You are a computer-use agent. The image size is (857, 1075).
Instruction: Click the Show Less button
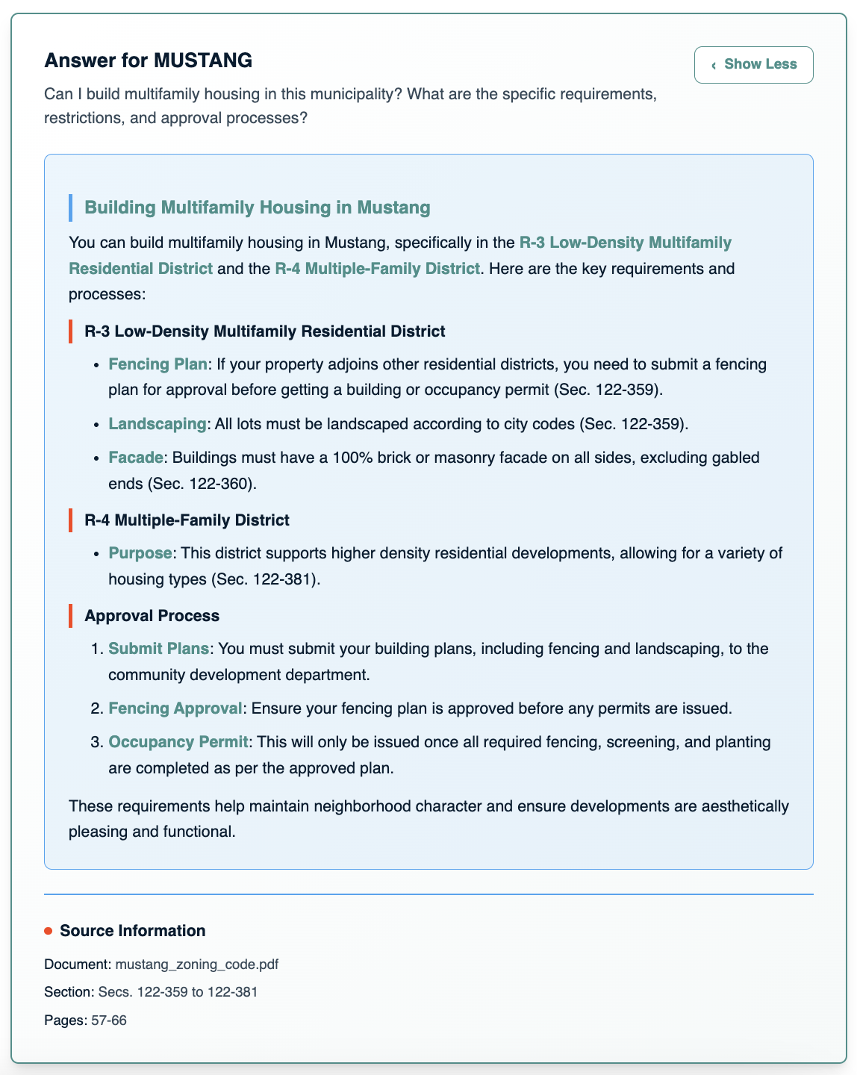click(753, 65)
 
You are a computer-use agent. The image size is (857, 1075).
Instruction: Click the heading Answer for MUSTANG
click(148, 60)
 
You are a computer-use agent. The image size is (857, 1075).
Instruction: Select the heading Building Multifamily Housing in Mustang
click(258, 208)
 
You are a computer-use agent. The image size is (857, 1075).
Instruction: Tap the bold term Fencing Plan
click(158, 364)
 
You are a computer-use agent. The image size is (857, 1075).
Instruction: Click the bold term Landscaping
click(157, 424)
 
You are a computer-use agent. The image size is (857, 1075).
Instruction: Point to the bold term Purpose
click(140, 553)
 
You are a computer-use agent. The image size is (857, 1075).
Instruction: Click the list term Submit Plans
click(158, 649)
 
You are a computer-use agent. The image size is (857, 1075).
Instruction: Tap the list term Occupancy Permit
click(178, 742)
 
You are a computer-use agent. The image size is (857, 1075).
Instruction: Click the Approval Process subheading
click(152, 616)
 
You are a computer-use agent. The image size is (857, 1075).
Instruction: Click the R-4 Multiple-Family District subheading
click(187, 520)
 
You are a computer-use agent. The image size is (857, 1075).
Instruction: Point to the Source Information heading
click(132, 931)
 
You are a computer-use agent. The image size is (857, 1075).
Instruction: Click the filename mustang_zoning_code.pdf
click(197, 964)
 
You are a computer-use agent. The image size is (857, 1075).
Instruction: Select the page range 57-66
click(109, 1021)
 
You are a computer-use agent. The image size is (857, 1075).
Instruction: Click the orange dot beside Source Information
click(49, 931)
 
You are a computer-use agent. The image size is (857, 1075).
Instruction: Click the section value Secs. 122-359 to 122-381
click(178, 992)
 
